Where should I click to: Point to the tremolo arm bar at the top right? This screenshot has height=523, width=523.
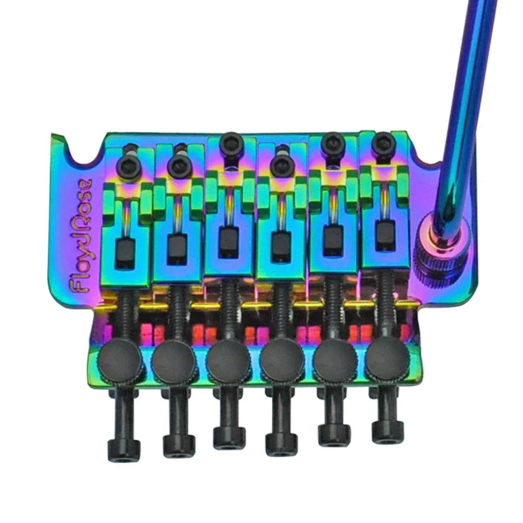[464, 87]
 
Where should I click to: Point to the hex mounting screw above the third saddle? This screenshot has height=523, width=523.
[229, 141]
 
